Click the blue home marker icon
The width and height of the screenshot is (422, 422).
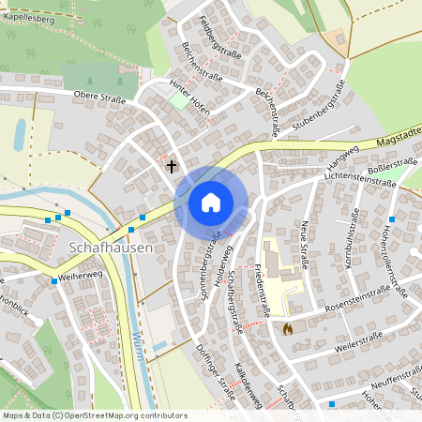(x=211, y=203)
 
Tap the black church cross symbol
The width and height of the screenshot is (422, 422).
(x=171, y=167)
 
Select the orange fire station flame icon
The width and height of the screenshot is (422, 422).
(x=287, y=329)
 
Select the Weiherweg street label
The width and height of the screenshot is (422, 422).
(x=80, y=279)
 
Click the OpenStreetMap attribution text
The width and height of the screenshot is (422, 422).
(x=94, y=414)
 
